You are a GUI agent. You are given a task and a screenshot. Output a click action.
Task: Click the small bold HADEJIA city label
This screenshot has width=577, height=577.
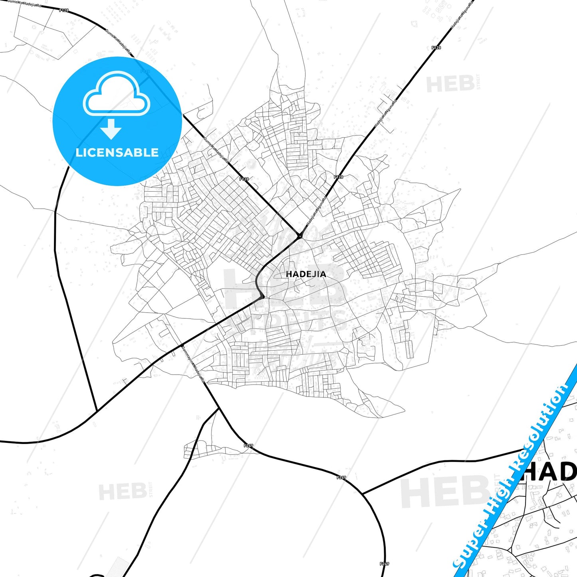click(x=306, y=274)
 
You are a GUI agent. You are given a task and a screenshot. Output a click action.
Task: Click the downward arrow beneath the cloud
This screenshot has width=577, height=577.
click(x=111, y=129)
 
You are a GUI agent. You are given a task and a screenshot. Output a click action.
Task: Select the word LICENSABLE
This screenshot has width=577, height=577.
click(x=117, y=153)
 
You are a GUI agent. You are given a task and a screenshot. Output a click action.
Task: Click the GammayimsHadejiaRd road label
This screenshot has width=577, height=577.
click(x=193, y=363)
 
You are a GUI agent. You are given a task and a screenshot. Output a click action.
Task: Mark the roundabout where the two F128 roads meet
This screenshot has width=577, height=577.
click(x=299, y=236)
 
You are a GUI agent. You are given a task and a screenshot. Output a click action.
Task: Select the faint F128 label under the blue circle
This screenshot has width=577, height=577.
click(x=145, y=71)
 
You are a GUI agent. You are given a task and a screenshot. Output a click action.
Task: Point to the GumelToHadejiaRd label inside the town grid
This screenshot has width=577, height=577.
click(x=216, y=150)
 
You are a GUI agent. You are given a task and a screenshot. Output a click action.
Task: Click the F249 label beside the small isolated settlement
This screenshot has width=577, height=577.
click(x=248, y=445)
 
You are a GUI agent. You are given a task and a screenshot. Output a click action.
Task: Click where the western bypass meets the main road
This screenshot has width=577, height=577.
click(x=97, y=410)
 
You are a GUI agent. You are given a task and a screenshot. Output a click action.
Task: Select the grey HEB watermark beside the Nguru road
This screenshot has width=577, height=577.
click(x=450, y=84)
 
